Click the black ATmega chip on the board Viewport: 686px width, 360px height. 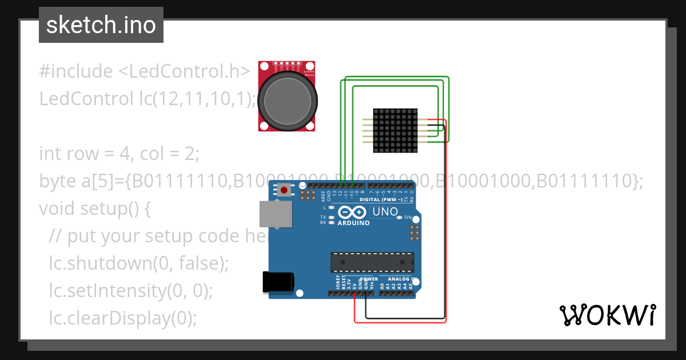tap(372, 262)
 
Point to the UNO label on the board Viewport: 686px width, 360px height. tap(385, 212)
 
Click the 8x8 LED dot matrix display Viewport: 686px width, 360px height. tap(395, 130)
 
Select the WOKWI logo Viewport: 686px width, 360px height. tap(607, 315)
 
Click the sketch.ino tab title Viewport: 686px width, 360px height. tap(101, 25)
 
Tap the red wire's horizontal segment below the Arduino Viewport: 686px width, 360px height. tap(400, 322)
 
